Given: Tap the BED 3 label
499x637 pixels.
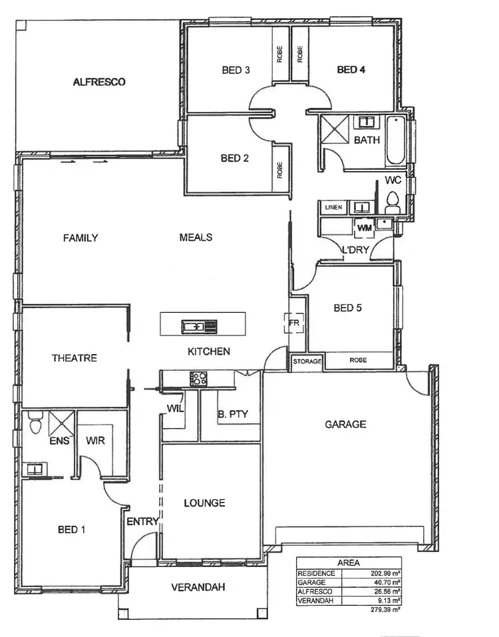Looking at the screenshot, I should pos(236,69).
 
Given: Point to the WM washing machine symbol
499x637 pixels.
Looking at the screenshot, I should pos(363,228).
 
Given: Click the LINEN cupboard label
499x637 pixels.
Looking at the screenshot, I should pos(333,208).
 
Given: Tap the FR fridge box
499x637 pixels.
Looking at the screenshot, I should pos(295,324).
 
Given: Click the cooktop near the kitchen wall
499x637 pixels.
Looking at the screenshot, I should pos(199,379).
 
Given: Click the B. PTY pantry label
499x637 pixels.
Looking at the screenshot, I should pos(233,414).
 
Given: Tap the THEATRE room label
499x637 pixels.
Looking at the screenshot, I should pos(75,358).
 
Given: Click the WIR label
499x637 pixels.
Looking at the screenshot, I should pos(95,441).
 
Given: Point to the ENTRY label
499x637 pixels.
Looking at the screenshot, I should pos(143,521).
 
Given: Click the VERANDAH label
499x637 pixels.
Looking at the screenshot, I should pos(198,587).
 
